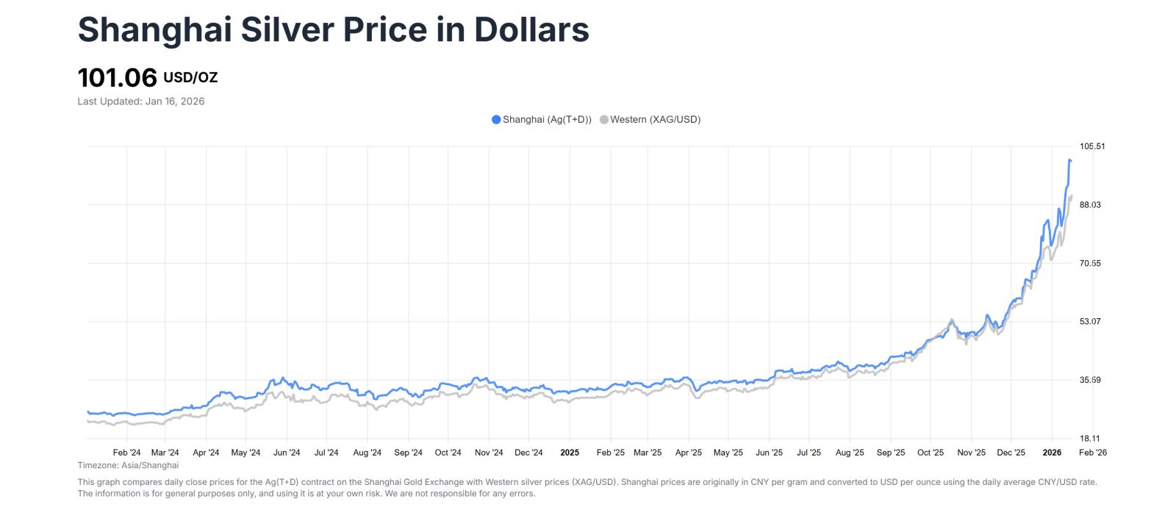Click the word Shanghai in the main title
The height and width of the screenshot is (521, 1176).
[154, 31]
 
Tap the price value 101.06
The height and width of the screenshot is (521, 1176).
[118, 78]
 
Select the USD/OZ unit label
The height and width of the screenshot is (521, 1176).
[190, 78]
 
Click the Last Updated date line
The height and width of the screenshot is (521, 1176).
[141, 101]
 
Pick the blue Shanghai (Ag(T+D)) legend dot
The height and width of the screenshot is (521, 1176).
[496, 120]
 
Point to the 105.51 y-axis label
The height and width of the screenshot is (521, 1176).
[1092, 146]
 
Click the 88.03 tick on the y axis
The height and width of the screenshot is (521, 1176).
[1090, 205]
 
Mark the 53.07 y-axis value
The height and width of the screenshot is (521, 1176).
[1090, 322]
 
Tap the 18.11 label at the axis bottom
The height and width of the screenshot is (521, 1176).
[1090, 439]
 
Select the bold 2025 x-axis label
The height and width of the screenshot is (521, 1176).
[570, 453]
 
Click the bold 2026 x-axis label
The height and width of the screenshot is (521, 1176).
[1052, 453]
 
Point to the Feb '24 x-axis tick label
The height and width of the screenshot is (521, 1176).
[126, 453]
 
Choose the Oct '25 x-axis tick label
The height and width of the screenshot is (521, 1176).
[931, 453]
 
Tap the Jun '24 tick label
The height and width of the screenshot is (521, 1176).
[287, 453]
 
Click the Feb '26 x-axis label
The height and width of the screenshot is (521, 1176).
[1093, 453]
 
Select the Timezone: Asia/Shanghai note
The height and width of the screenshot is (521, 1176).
[128, 465]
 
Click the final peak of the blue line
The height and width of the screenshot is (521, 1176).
[1069, 159]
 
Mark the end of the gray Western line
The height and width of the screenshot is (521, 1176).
[1072, 195]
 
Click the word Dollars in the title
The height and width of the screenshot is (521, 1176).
[531, 31]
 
